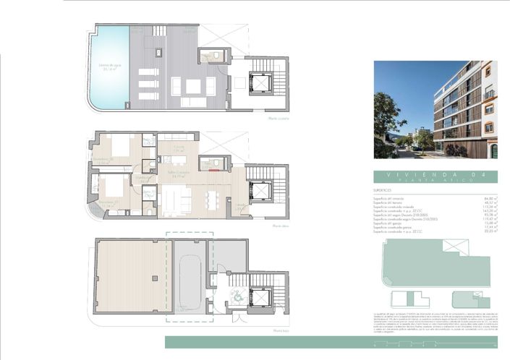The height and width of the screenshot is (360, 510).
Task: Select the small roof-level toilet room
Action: [214, 57]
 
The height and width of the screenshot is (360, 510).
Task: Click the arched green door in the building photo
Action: [494, 150]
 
